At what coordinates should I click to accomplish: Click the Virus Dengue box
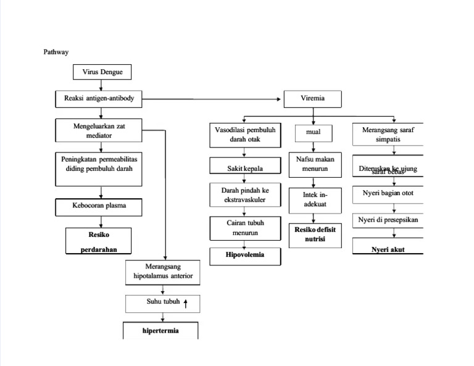(x=102, y=72)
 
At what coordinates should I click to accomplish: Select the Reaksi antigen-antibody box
(x=99, y=98)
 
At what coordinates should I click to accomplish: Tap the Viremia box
(x=312, y=98)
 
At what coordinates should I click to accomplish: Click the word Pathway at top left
(x=56, y=52)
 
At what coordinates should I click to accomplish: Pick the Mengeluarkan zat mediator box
(x=99, y=130)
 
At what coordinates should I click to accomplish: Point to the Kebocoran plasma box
(x=99, y=206)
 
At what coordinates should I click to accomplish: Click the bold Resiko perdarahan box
(x=99, y=241)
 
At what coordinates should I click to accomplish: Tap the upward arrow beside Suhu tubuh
(x=185, y=302)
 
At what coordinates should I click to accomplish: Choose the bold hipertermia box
(x=160, y=331)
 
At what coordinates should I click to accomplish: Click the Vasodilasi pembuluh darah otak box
(x=245, y=135)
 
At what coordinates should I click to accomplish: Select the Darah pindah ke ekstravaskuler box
(x=245, y=195)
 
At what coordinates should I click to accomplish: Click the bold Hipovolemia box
(x=245, y=255)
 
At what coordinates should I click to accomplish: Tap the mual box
(x=314, y=132)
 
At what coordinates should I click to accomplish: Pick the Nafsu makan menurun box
(x=315, y=164)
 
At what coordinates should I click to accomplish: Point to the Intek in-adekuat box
(x=315, y=199)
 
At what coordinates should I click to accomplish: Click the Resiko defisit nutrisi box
(x=315, y=235)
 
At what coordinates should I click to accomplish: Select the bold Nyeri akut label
(x=388, y=250)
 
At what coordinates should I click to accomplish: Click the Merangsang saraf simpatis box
(x=388, y=135)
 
